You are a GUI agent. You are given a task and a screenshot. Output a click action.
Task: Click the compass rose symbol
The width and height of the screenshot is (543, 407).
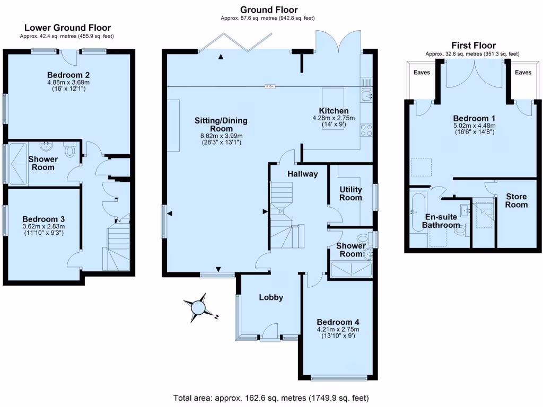click(x=198, y=307)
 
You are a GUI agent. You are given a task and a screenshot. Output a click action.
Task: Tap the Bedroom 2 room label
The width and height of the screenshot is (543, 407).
click(x=67, y=74)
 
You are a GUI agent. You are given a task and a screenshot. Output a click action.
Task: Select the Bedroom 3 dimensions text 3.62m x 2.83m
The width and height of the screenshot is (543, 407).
click(x=43, y=226)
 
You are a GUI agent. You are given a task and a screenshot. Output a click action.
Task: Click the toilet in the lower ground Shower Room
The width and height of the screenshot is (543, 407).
click(x=69, y=152)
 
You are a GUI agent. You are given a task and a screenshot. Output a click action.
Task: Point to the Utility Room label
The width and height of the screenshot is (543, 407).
click(x=351, y=193)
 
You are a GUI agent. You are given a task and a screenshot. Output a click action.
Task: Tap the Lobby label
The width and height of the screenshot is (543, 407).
click(x=270, y=297)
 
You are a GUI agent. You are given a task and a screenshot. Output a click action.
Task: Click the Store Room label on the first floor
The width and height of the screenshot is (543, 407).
click(x=516, y=200)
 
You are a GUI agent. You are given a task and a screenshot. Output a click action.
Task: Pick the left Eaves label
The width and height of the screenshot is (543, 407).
click(x=422, y=73)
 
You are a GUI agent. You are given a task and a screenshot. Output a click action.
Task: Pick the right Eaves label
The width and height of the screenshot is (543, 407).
click(x=523, y=73)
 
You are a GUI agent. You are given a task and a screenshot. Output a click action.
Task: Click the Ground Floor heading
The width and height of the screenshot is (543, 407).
click(x=269, y=10)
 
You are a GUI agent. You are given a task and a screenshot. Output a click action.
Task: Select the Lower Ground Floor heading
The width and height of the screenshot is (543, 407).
click(x=67, y=28)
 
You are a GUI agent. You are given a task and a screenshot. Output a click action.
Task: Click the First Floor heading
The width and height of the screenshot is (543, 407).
click(x=473, y=45)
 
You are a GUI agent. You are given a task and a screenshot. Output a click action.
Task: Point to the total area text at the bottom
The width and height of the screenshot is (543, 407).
click(x=271, y=397)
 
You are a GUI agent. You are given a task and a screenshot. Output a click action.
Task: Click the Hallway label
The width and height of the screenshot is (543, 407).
click(x=303, y=174)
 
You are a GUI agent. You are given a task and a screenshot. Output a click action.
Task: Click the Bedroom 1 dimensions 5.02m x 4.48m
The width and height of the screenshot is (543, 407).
click(x=474, y=125)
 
